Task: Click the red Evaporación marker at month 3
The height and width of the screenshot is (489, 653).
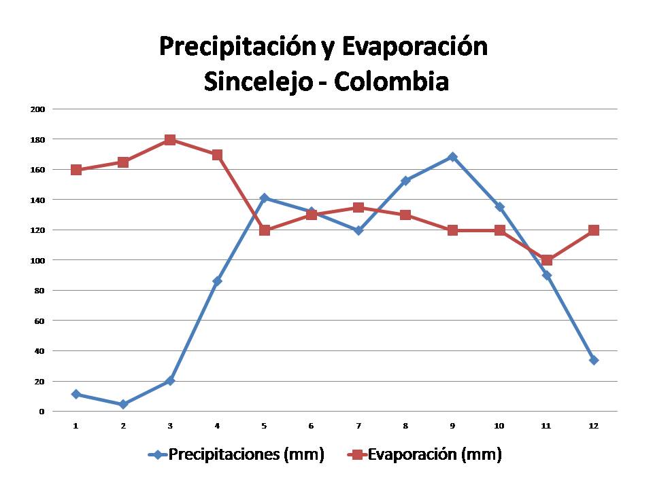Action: [x=170, y=140]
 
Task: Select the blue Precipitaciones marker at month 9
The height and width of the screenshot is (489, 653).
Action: [x=452, y=157]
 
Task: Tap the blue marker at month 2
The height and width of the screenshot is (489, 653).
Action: [x=123, y=404]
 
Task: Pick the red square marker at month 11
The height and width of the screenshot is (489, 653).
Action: [x=547, y=260]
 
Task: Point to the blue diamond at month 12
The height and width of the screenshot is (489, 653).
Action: [x=594, y=360]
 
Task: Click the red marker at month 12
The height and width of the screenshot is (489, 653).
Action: [x=594, y=230]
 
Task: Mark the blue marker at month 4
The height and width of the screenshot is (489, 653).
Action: [x=217, y=280]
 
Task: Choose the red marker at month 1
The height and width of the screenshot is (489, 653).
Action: [x=76, y=170]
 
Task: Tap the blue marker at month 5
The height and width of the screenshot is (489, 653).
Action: [x=265, y=198]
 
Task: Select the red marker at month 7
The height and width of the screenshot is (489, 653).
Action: [x=358, y=208]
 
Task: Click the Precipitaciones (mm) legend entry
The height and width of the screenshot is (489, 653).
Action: [x=237, y=455]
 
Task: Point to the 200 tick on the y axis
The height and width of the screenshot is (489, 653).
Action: [x=38, y=109]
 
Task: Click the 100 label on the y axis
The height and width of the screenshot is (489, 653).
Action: [x=38, y=260]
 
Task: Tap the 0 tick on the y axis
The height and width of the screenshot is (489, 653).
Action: [x=41, y=412]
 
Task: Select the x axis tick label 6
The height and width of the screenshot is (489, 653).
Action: [x=312, y=426]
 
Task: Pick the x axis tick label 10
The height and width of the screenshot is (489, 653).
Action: [x=499, y=426]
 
